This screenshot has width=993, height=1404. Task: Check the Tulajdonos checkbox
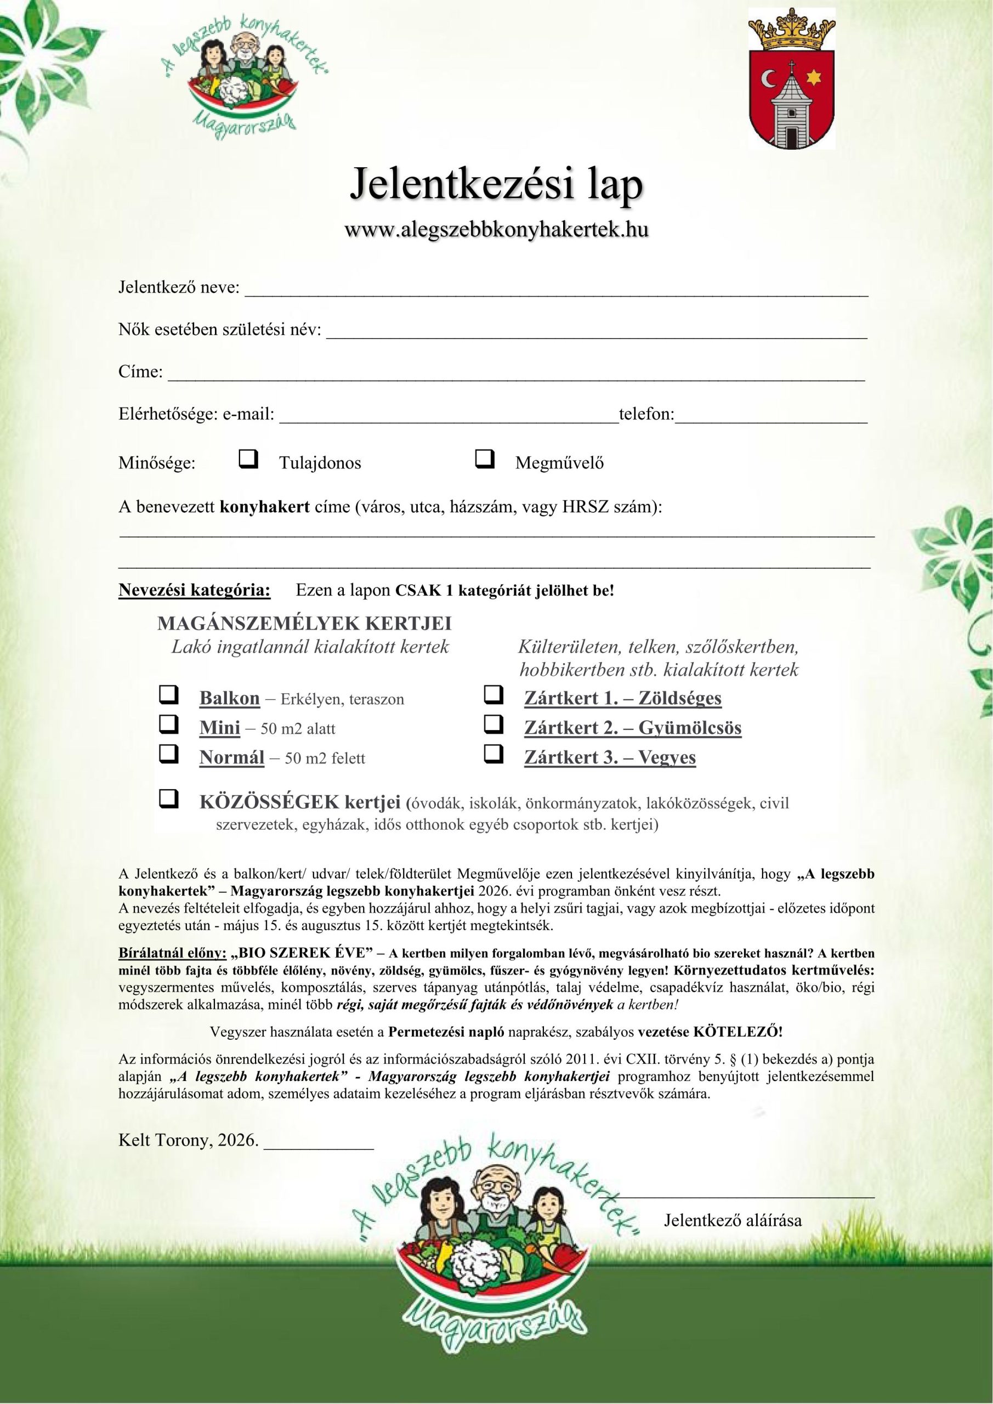coord(248,458)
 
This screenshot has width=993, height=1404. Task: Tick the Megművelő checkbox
coord(484,458)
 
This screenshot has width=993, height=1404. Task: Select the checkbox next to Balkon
coord(169,695)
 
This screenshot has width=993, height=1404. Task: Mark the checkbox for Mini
coord(169,724)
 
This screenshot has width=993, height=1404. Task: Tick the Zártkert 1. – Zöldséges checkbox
coord(493,695)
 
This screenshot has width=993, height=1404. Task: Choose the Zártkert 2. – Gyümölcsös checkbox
coord(493,724)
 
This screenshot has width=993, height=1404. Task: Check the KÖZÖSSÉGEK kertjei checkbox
coord(169,799)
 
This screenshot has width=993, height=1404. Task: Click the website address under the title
coord(497,229)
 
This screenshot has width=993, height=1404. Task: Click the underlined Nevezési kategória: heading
coord(194,591)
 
